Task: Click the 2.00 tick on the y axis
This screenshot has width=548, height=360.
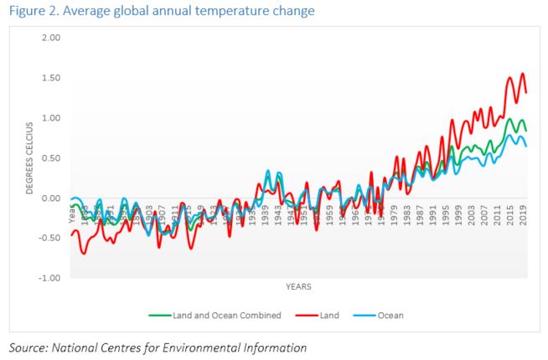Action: (x=51, y=39)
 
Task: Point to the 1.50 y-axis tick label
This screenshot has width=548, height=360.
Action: (x=51, y=78)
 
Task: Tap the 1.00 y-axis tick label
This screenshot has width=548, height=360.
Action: (x=51, y=118)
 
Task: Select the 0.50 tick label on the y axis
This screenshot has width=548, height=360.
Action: (x=51, y=158)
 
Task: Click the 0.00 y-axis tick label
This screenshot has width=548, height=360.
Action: (x=51, y=198)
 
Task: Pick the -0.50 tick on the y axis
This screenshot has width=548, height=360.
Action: (x=49, y=238)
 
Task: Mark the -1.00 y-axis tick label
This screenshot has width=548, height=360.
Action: (x=49, y=278)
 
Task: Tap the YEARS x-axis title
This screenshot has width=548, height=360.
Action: (x=298, y=286)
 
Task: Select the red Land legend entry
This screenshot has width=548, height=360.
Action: (x=323, y=316)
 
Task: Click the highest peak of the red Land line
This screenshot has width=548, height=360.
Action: (x=523, y=74)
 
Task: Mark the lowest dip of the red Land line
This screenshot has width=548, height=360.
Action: (x=84, y=253)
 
